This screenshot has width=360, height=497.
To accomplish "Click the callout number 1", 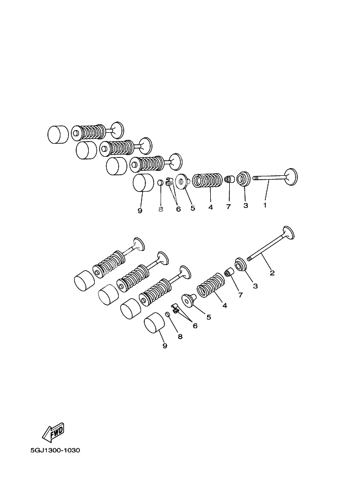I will click(x=265, y=205).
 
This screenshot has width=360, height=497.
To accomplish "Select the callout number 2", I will click(x=272, y=273).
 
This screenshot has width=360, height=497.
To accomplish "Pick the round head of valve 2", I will click(x=288, y=233).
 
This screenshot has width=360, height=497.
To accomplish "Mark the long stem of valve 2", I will click(x=265, y=249).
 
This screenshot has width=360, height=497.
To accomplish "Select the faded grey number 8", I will click(x=161, y=208).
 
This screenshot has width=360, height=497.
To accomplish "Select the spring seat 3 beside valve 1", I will click(x=244, y=178).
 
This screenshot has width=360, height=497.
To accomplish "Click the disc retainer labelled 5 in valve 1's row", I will click(x=182, y=181).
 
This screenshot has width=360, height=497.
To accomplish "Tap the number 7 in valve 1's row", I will click(x=229, y=206).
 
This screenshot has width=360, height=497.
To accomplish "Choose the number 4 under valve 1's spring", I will click(x=210, y=207).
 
